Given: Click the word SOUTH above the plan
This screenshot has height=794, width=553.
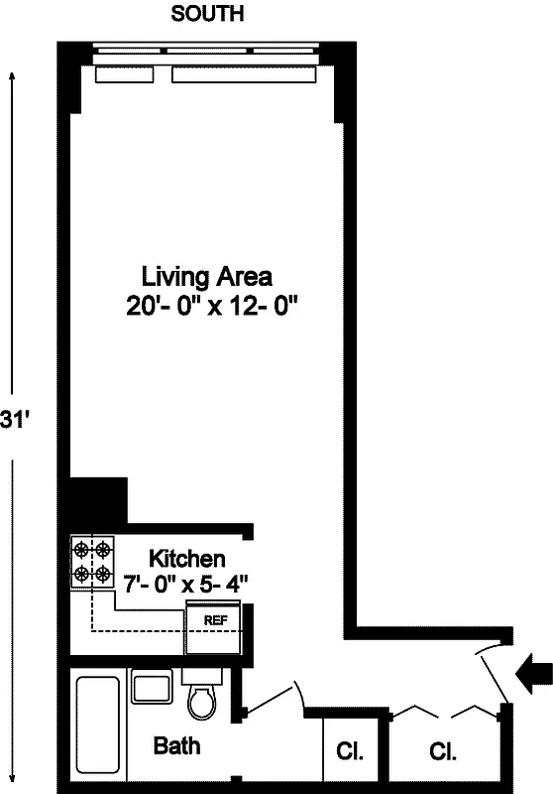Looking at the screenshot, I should (x=207, y=14).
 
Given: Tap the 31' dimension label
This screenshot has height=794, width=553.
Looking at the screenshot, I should (x=17, y=420).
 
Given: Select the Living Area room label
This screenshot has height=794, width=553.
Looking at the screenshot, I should (x=207, y=275).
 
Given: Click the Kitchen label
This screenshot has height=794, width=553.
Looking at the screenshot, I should (x=187, y=559).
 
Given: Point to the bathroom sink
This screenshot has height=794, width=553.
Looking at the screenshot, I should (x=152, y=688).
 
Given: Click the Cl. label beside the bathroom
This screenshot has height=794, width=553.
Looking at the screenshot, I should (x=349, y=751).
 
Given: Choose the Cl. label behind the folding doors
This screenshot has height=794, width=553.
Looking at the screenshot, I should (x=442, y=751).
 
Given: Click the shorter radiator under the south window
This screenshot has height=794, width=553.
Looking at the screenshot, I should (x=124, y=74).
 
